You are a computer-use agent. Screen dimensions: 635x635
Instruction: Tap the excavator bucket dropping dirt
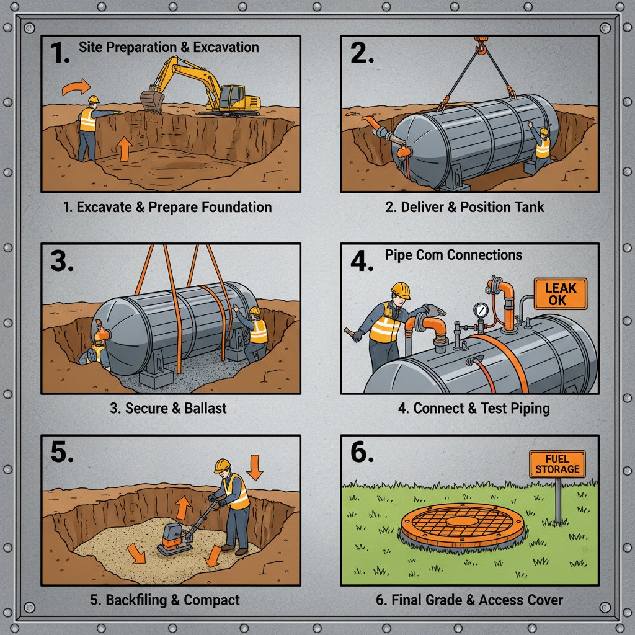pyautogui.click(x=151, y=100)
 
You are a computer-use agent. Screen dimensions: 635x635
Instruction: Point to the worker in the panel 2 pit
pyautogui.click(x=541, y=148)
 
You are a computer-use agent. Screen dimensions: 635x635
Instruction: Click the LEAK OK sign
pyautogui.click(x=560, y=294)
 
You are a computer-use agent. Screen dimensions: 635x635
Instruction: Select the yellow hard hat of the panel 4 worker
pyautogui.click(x=401, y=290)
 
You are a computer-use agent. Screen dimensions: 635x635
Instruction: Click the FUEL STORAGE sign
pyautogui.click(x=557, y=464)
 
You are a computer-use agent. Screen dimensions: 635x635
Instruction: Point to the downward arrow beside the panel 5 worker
pyautogui.click(x=254, y=467)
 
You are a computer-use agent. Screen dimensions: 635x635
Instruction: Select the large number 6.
pyautogui.click(x=362, y=452)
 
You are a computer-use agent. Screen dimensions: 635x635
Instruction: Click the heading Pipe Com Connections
pyautogui.click(x=453, y=255)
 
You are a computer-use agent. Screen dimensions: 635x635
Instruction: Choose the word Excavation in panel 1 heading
pyautogui.click(x=224, y=47)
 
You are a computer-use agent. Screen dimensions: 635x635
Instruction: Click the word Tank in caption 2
pyautogui.click(x=529, y=206)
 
